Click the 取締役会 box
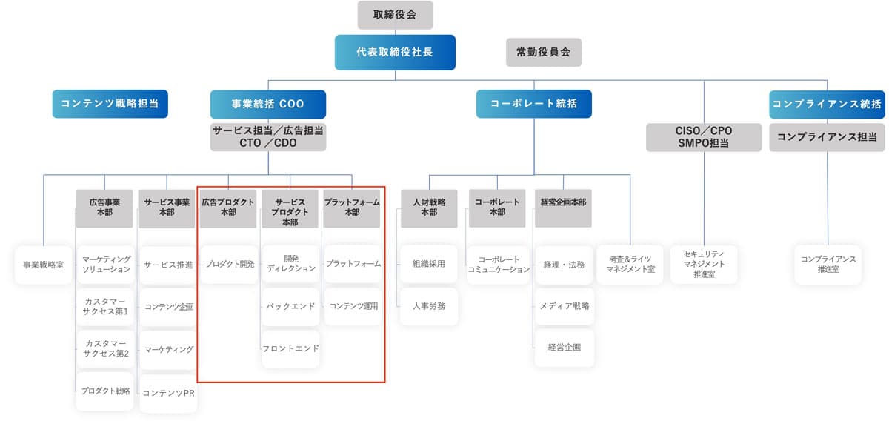[395, 15]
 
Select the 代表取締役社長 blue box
[394, 53]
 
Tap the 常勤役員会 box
[544, 53]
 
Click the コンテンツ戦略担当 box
[110, 105]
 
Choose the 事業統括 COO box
[267, 105]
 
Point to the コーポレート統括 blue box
[533, 105]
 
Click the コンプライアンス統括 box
[827, 105]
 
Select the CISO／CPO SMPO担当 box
[704, 137]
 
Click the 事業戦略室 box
[44, 265]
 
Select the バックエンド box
[290, 306]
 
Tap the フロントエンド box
[290, 348]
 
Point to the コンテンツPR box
[168, 393]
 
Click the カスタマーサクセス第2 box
[105, 348]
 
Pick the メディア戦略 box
[565, 306]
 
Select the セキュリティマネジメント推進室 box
[704, 264]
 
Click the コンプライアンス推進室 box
[828, 264]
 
